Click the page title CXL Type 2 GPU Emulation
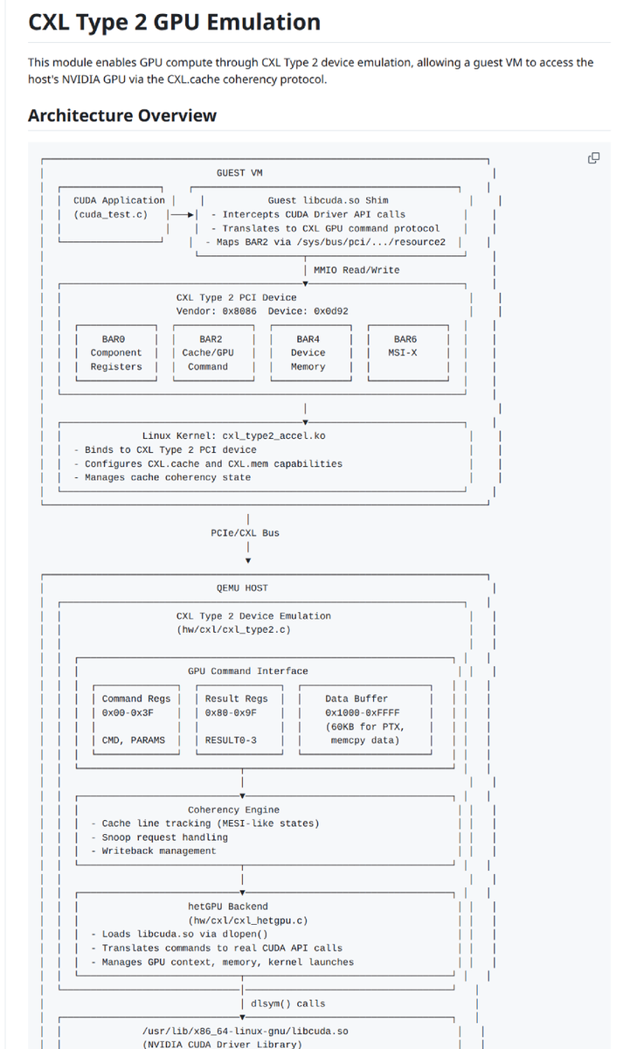point(174,22)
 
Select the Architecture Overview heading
point(122,115)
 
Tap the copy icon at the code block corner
point(593,158)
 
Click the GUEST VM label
point(239,173)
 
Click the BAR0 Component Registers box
point(115,353)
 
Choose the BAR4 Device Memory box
point(308,353)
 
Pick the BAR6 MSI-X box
point(405,346)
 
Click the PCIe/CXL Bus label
point(246,533)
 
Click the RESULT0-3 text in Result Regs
point(228,740)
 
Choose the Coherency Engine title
point(233,809)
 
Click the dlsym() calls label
point(287,1004)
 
